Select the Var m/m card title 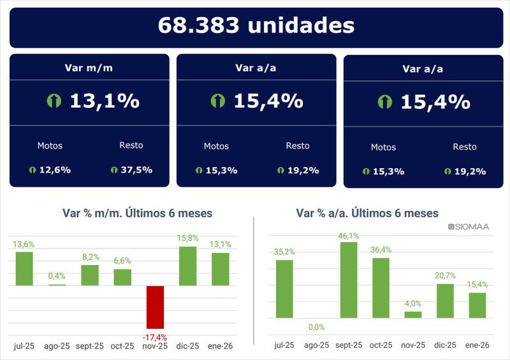point(89,68)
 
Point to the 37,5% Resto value point(136,169)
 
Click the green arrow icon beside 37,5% point(114,170)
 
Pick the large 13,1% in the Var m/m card point(104,101)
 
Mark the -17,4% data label point(156,336)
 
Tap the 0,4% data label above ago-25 point(57,276)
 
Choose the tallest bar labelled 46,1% point(349,280)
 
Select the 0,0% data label point(317,327)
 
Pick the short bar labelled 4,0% point(413,314)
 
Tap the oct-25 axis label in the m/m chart point(122,346)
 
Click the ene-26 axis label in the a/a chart point(477,345)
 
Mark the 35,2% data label point(284,251)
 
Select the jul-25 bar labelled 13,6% point(24,268)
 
